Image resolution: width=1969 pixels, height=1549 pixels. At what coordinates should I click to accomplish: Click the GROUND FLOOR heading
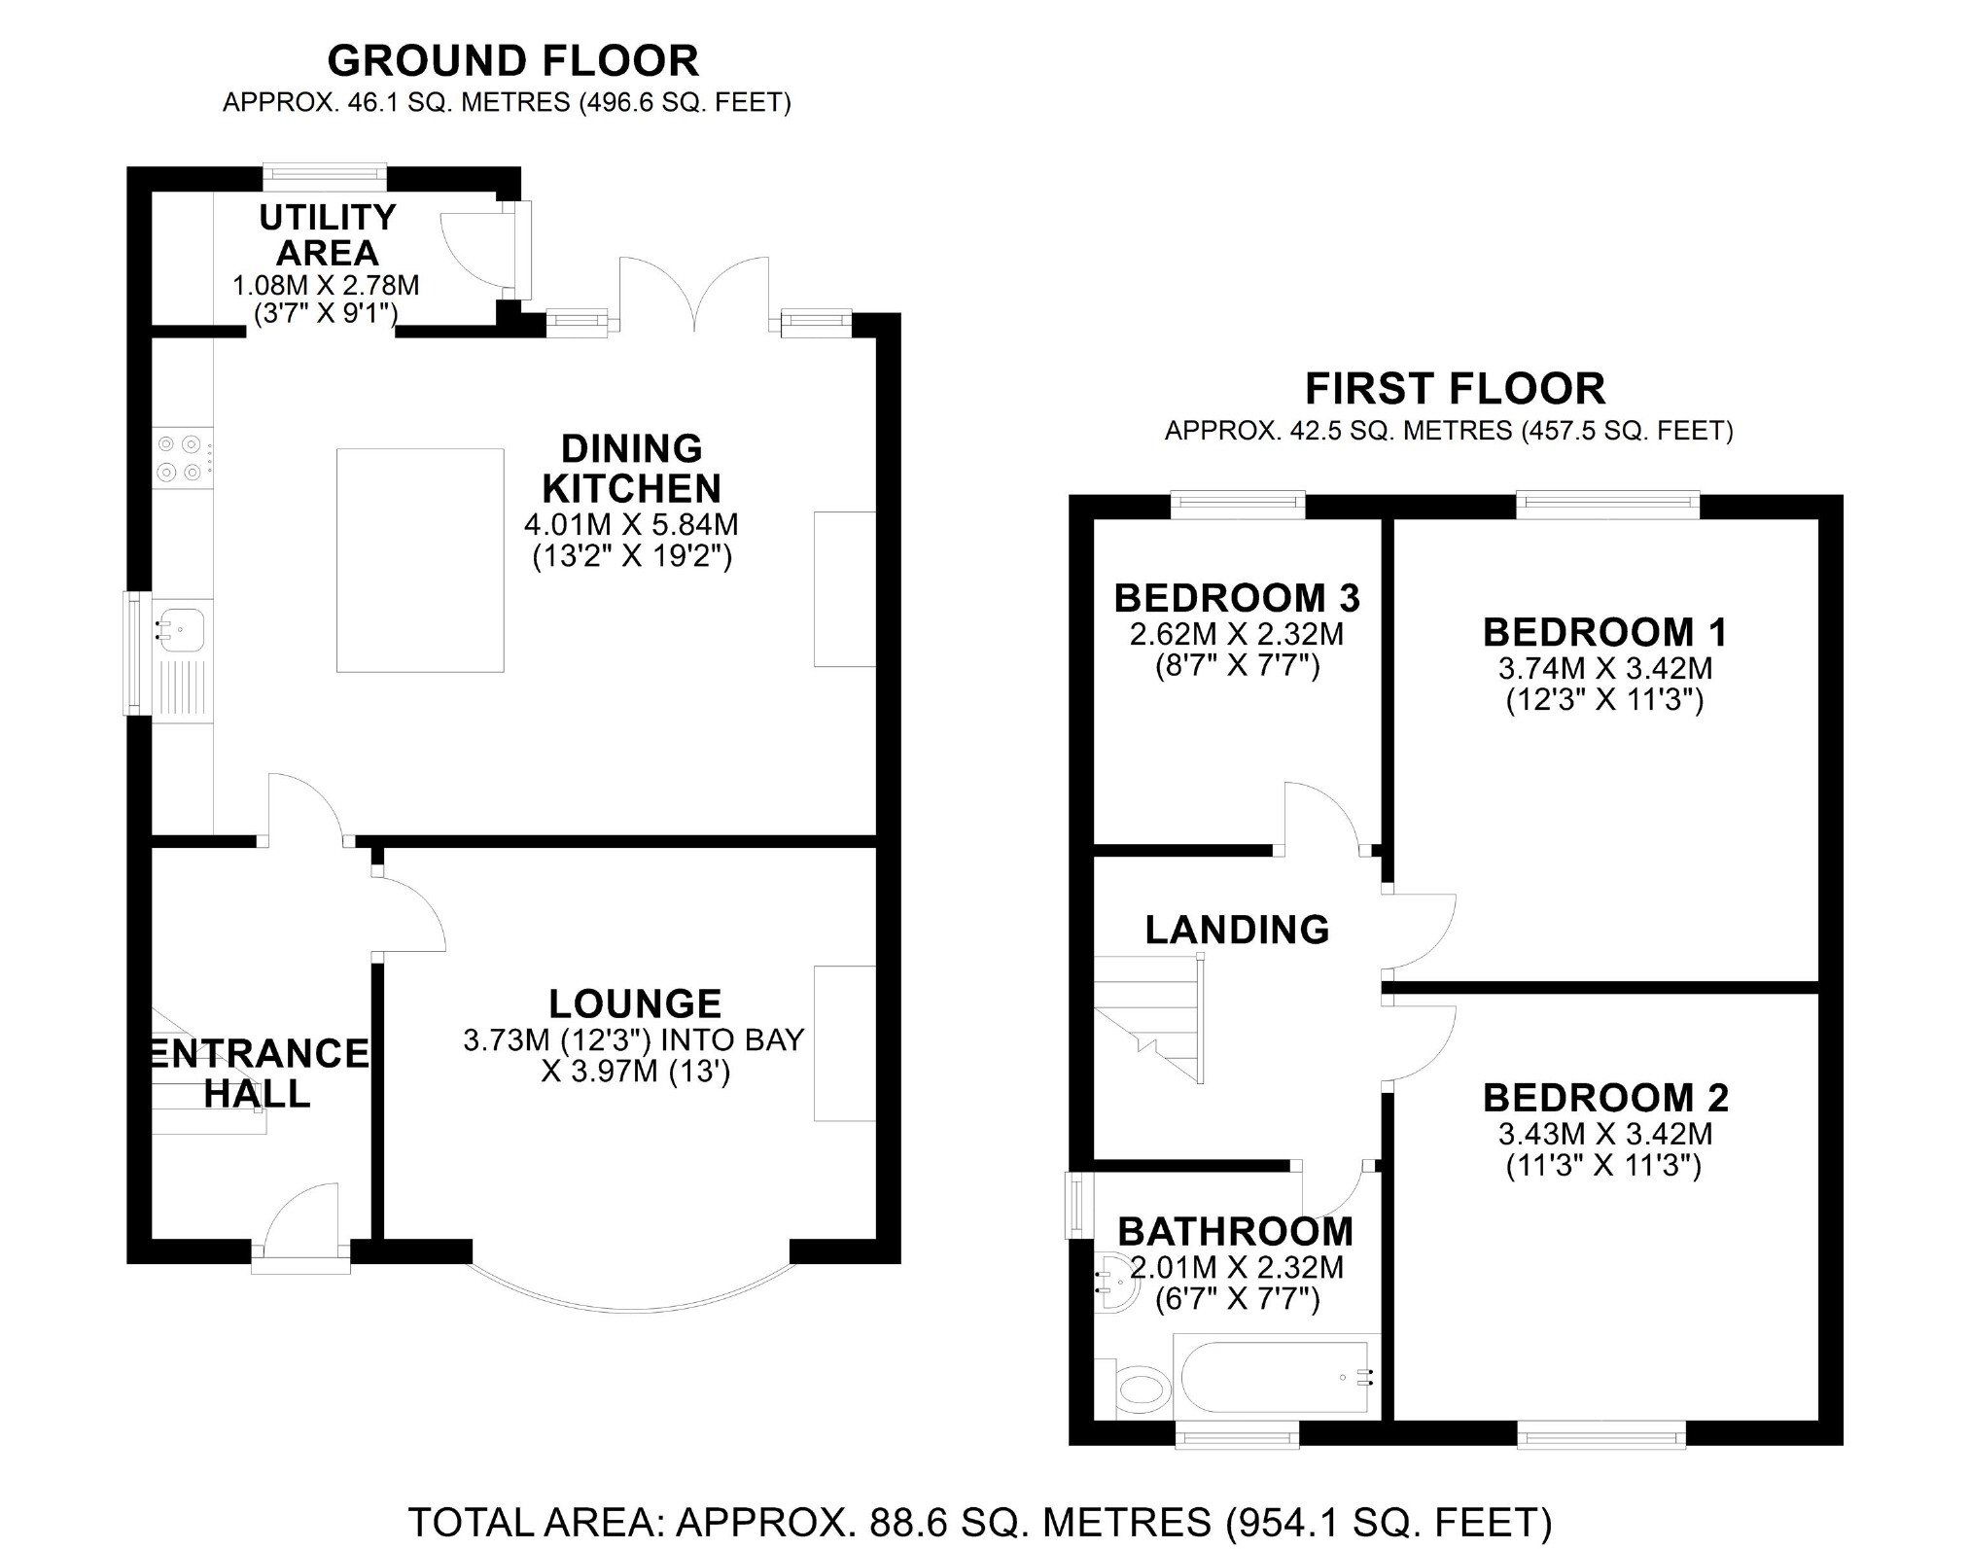point(512,61)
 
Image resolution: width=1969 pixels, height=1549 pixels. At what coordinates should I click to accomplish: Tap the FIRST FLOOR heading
point(1455,389)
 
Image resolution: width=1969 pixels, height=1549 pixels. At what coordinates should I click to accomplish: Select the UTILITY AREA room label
point(328,234)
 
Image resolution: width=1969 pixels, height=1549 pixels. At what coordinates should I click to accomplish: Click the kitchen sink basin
point(182,628)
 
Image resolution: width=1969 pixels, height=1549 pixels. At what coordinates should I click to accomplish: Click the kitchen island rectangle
point(420,560)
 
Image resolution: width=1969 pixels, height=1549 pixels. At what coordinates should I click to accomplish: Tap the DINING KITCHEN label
point(632,468)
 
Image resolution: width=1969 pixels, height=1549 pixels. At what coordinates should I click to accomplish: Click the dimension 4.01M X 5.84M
point(632,525)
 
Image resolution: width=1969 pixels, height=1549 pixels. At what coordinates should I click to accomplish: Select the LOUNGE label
point(635,1003)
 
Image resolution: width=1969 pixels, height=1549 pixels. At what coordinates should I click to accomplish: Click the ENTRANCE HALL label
point(259,1074)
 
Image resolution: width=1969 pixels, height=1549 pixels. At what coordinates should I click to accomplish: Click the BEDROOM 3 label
point(1237,598)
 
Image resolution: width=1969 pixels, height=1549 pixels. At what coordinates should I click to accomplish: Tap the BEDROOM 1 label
point(1605,632)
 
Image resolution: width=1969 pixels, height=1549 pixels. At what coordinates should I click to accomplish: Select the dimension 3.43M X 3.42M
point(1605,1134)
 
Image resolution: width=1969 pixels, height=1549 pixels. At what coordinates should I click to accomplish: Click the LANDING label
point(1237,930)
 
